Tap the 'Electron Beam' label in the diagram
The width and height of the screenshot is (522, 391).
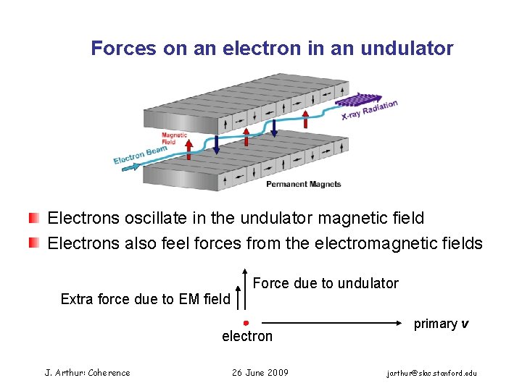point(140,154)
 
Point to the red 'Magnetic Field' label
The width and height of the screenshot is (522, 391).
point(174,138)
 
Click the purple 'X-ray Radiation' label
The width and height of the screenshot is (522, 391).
point(370,109)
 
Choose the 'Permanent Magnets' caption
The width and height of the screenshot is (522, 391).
point(303,184)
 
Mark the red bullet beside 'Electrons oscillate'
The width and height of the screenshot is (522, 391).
point(34,218)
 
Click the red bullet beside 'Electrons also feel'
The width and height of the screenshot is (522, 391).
point(34,243)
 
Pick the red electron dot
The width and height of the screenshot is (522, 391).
point(246,322)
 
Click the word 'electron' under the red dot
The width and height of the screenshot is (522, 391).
point(247,336)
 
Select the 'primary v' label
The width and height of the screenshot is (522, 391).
point(441,324)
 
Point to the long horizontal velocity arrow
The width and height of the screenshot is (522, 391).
point(333,322)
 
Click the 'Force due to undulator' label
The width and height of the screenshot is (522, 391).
point(326,283)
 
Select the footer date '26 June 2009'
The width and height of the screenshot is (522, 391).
point(260,373)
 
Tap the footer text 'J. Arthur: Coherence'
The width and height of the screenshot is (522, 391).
point(88,373)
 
